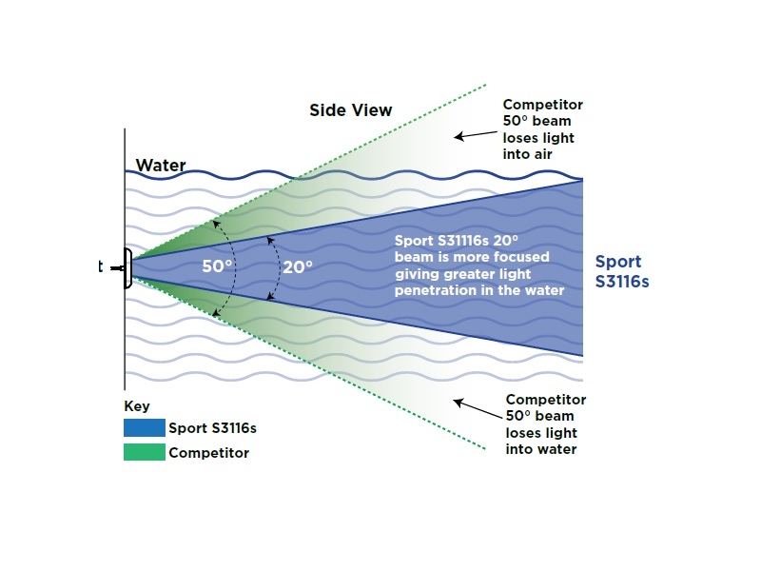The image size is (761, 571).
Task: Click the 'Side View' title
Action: click(x=350, y=109)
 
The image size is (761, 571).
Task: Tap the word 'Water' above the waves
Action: click(x=161, y=166)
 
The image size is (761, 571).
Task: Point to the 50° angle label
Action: click(x=218, y=266)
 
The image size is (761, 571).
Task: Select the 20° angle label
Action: click(x=297, y=267)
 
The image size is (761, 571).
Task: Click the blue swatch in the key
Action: click(x=144, y=428)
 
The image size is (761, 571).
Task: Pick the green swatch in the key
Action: click(x=144, y=453)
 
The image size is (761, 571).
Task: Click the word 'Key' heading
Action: click(x=137, y=406)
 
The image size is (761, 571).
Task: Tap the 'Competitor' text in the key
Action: click(x=208, y=453)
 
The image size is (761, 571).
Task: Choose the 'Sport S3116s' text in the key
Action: click(x=212, y=428)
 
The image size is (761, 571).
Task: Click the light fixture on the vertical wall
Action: click(x=127, y=267)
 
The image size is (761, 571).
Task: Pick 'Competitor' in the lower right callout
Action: click(x=545, y=400)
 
